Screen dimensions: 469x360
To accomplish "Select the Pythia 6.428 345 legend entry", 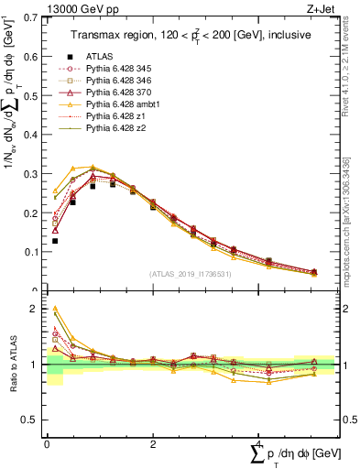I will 116,69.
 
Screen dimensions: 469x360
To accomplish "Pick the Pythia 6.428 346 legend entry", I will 116,81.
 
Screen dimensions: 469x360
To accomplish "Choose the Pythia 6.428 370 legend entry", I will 116,93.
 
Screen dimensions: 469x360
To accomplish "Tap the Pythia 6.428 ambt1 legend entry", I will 120,104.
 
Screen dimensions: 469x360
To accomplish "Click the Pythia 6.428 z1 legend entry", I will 114,116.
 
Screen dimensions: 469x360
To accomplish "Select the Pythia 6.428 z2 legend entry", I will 114,128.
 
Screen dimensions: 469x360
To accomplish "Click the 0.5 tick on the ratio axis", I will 28,420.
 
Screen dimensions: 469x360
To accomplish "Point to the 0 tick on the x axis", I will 47,444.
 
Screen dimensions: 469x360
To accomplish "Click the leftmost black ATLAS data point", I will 54,241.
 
